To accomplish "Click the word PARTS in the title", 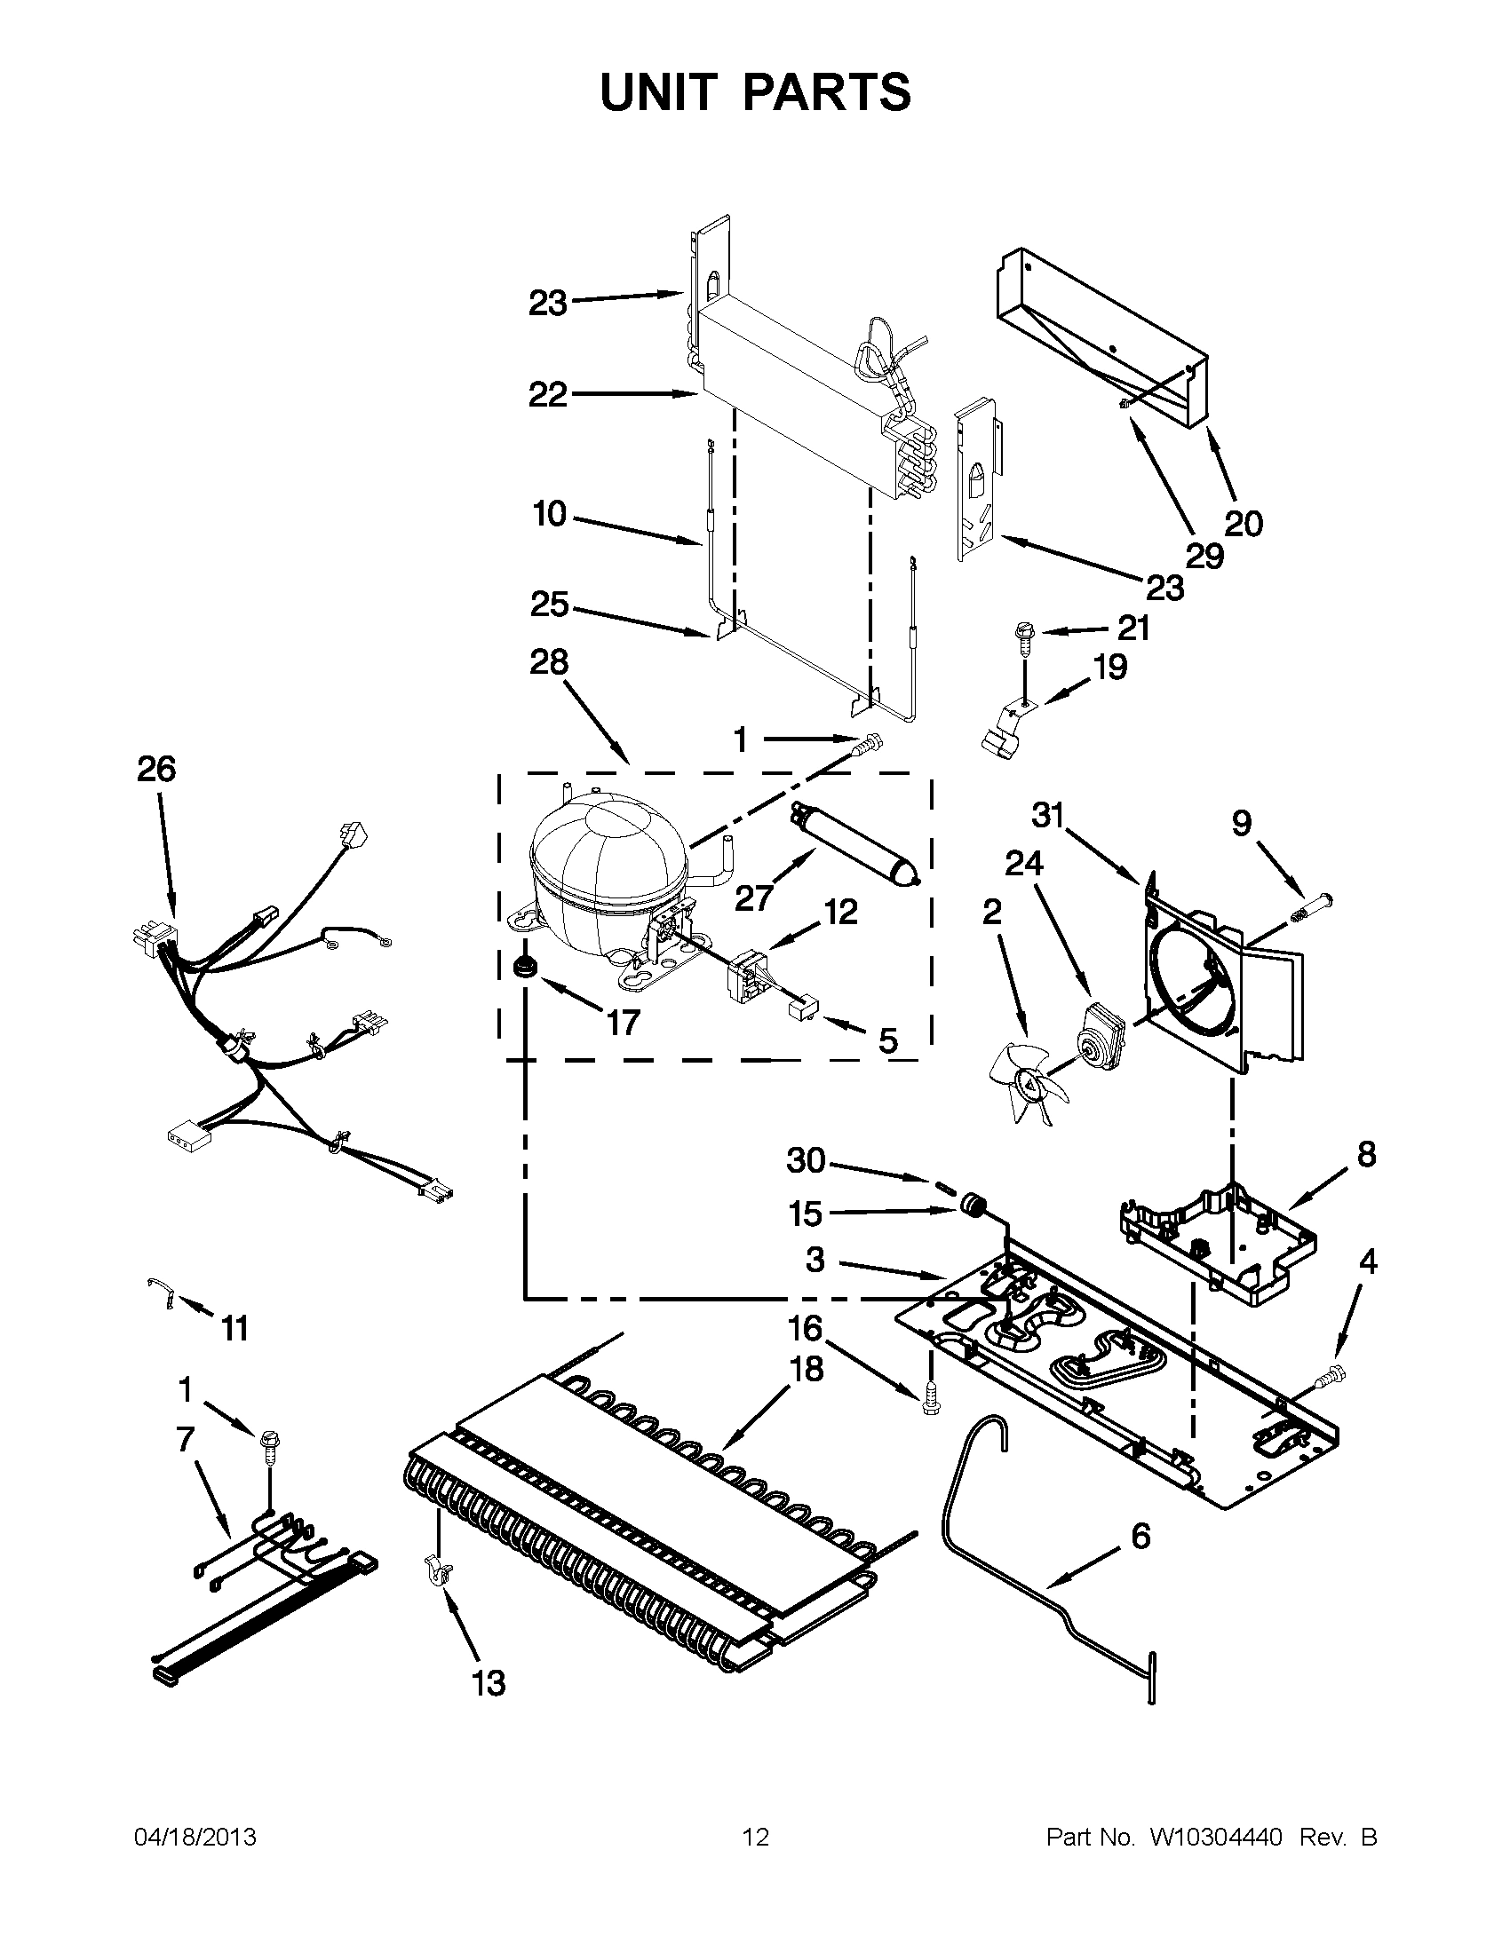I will pos(827,92).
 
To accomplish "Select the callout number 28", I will pos(548,662).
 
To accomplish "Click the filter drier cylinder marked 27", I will pos(854,847).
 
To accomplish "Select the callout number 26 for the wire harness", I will pos(156,769).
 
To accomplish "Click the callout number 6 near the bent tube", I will pos(1140,1537).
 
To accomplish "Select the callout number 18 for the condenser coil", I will pos(807,1369).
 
